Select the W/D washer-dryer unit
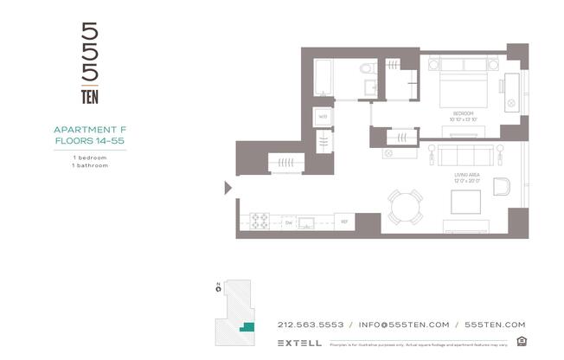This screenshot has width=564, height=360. click(322, 116)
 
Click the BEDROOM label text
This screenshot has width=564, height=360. click(464, 114)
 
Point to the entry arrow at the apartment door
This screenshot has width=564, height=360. click(228, 187)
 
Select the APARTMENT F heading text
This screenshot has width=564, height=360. click(90, 130)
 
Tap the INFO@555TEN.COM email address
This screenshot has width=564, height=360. click(403, 325)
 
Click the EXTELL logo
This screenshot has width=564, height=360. click(300, 343)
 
